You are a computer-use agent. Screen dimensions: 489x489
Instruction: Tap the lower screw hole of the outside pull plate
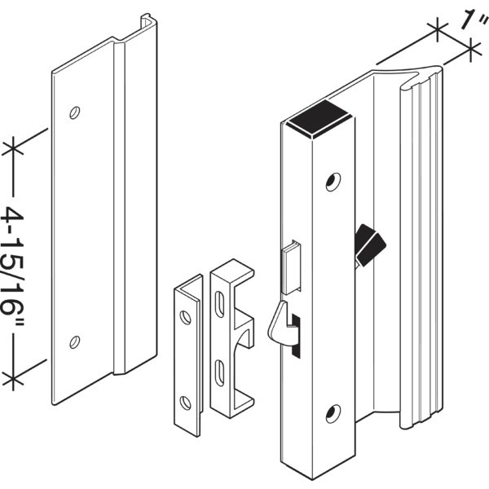coord(75,341)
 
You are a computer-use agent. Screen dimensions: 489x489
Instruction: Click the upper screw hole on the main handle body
coord(333,181)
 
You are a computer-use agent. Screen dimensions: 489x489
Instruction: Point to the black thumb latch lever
coord(368,244)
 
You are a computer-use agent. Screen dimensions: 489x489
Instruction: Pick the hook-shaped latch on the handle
coord(279,322)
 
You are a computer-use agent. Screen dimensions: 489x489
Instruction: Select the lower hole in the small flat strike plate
coord(186,401)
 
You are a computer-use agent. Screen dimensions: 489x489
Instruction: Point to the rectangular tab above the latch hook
coord(289,267)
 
